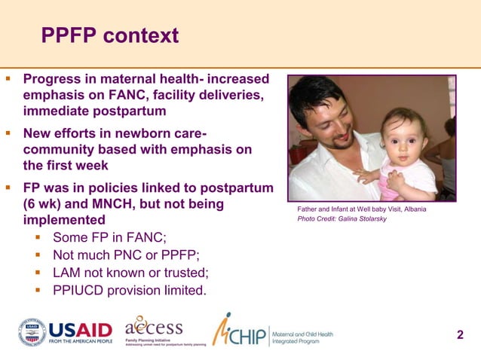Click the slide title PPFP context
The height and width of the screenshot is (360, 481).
coord(109,35)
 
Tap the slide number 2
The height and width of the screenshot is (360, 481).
coord(460,334)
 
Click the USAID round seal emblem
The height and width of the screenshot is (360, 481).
coord(32,332)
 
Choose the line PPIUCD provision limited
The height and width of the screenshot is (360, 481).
coord(129,290)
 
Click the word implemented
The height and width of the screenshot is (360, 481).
coord(64,221)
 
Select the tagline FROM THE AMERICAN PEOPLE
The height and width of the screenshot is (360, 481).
coord(81,342)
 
